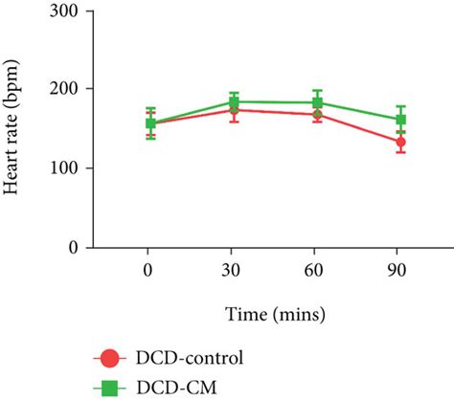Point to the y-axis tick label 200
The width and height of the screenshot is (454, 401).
coord(79,89)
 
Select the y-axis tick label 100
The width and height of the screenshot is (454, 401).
coord(79,168)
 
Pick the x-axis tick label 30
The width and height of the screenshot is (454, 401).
coord(233,272)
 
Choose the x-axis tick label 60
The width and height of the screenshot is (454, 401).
coord(317,272)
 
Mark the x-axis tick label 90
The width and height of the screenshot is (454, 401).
coord(400,272)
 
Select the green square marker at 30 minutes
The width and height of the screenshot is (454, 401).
coord(234,101)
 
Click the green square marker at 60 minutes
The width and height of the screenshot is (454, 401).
coord(317,102)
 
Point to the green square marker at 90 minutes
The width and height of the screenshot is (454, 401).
coord(400,120)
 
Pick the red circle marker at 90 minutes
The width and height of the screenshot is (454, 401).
coord(400,142)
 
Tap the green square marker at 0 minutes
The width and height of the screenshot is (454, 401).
coord(150,123)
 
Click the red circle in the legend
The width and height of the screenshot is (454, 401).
coord(110,359)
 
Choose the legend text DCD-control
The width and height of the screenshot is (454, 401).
coord(190,359)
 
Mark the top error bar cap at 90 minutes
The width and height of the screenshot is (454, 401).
coord(400,106)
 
